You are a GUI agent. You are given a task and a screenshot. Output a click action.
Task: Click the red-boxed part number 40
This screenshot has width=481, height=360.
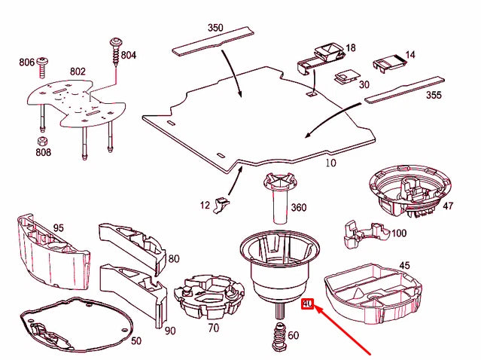tap(306, 305)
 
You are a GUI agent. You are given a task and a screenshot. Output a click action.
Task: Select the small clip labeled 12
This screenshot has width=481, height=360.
tap(221, 203)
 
